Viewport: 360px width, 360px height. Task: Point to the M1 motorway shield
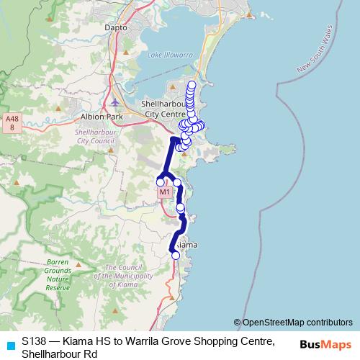coord(164,192)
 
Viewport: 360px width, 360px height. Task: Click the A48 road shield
coord(12,122)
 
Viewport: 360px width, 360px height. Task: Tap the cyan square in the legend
coord(10,345)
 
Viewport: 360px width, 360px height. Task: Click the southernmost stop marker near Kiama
coord(176,255)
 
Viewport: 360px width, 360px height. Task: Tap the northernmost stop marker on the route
coord(191,85)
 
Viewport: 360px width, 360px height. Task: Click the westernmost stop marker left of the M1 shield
coord(161,182)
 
